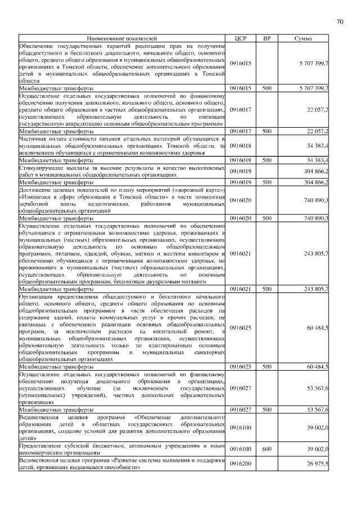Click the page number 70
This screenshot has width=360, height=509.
[x=340, y=22]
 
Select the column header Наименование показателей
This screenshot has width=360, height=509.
[x=121, y=38]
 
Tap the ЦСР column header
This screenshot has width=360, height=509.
[x=240, y=38]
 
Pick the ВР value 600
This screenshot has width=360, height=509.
[x=267, y=449]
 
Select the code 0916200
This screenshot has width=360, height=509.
[x=240, y=462]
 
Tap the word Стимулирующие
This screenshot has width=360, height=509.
[x=43, y=168]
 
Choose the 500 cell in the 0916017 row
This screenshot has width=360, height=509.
[x=267, y=131]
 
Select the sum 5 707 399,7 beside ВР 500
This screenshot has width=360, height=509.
[x=314, y=88]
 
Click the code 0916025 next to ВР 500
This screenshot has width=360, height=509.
[x=240, y=366]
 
